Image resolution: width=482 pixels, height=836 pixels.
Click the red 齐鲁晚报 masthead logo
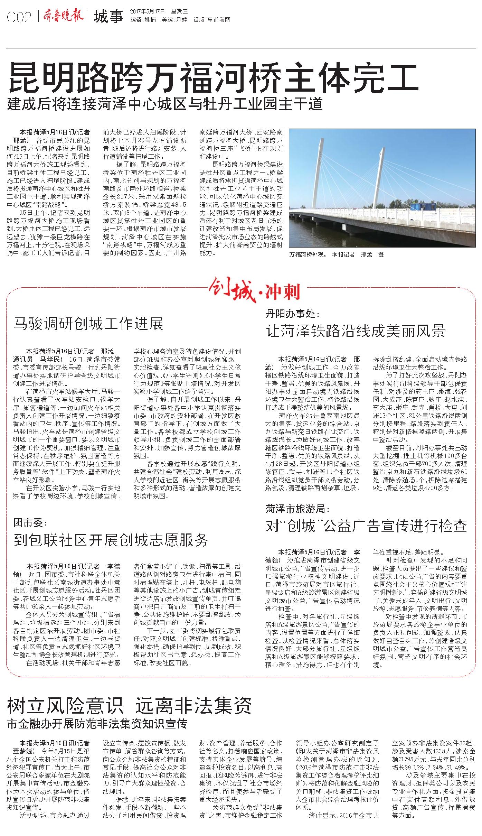point(63,16)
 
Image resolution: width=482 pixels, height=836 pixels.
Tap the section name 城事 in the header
point(108,16)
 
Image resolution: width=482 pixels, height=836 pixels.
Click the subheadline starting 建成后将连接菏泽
point(165,104)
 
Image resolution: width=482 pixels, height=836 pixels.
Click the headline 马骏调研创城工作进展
point(88,324)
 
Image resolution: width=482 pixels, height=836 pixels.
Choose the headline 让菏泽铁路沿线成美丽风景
point(356,331)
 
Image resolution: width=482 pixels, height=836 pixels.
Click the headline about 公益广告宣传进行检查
point(366,526)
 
